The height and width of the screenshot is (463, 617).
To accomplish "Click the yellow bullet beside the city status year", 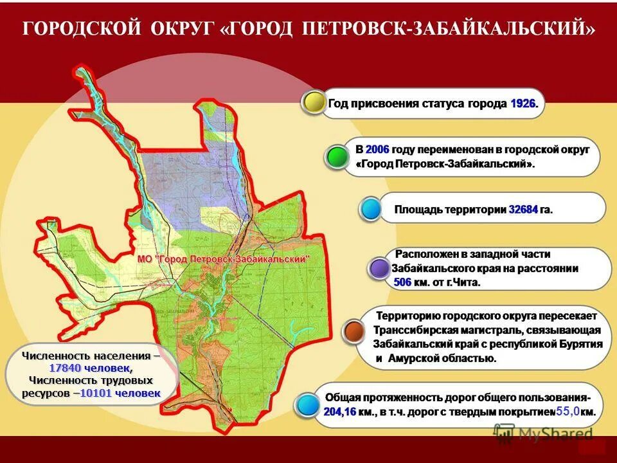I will (315, 102).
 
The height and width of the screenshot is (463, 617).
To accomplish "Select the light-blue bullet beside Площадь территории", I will (370, 209).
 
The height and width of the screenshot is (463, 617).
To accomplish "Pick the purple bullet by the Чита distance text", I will (379, 268).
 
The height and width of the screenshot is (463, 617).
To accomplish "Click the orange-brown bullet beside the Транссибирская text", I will (354, 331).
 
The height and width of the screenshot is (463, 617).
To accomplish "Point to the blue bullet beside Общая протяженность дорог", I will (308, 404).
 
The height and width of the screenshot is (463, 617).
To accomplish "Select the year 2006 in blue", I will (377, 150).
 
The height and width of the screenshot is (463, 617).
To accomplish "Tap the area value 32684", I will (523, 210).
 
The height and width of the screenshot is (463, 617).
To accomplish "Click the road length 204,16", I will (340, 412).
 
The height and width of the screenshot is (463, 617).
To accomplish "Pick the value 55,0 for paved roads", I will (568, 411).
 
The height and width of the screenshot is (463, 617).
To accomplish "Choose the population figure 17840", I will (63, 368).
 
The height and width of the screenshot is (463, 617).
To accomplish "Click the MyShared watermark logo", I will (543, 434).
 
